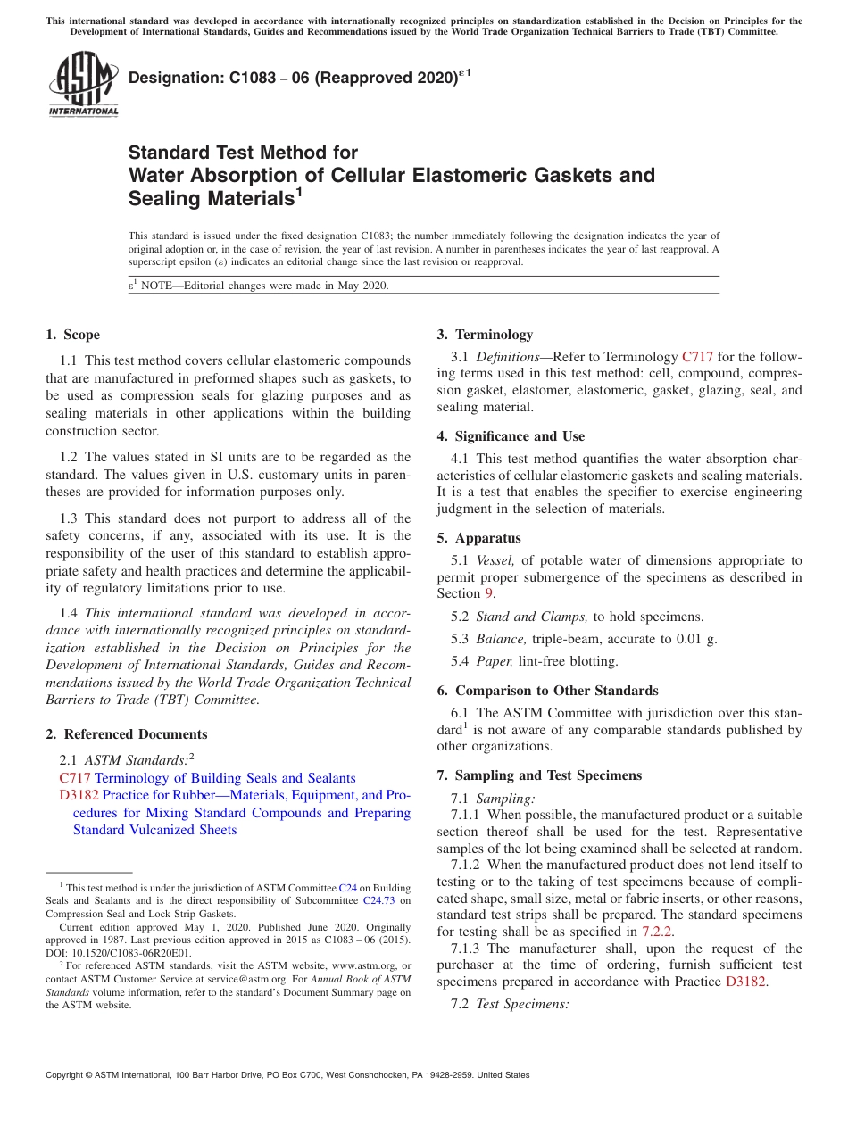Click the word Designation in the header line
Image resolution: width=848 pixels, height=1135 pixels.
tap(173, 79)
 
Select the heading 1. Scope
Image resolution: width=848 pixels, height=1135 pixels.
tap(72, 335)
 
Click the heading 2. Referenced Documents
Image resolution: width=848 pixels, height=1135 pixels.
tap(126, 734)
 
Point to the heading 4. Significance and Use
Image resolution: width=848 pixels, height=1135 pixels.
tap(511, 436)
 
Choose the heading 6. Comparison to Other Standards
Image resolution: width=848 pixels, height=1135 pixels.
tap(547, 691)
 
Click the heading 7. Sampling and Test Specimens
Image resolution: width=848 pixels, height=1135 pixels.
tap(539, 775)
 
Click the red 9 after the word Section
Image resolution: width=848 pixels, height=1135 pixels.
tap(487, 593)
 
